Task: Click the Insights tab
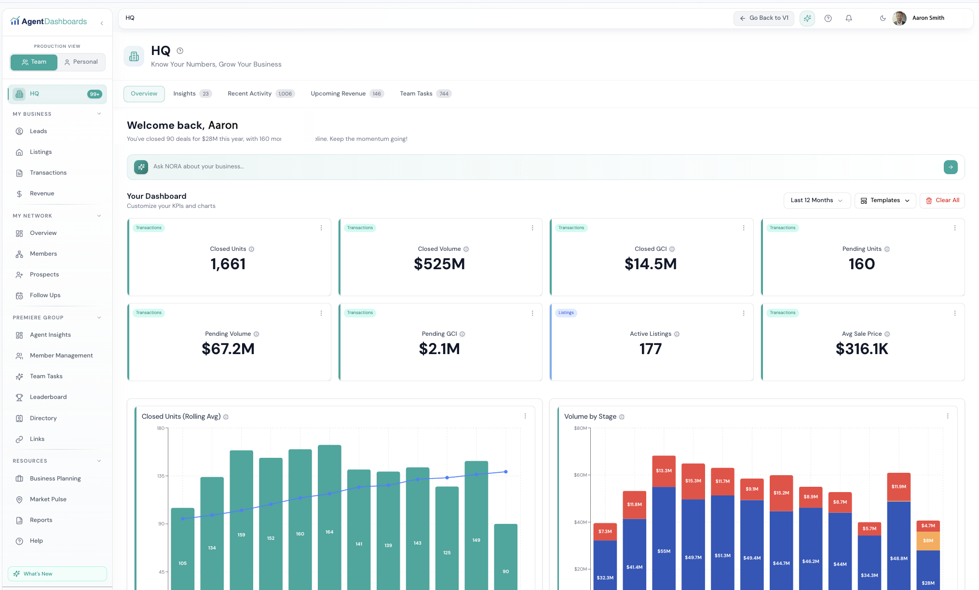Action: tap(185, 94)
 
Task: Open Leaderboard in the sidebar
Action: tap(48, 397)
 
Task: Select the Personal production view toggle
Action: tap(81, 62)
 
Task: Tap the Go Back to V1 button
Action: tap(764, 18)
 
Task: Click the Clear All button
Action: tap(942, 200)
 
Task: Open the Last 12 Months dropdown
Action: tap(816, 200)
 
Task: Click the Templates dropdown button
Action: tap(885, 200)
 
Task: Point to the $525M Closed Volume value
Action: tap(439, 264)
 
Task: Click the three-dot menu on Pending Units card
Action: tap(954, 228)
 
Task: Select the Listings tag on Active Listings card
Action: tap(566, 313)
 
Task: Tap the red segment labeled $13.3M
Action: tap(664, 471)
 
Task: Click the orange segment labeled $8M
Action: tap(928, 541)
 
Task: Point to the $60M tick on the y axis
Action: tap(580, 475)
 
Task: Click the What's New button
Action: tap(57, 574)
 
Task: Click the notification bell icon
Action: tap(849, 18)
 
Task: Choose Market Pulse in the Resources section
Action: tap(48, 499)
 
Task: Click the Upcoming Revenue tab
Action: tap(338, 94)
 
